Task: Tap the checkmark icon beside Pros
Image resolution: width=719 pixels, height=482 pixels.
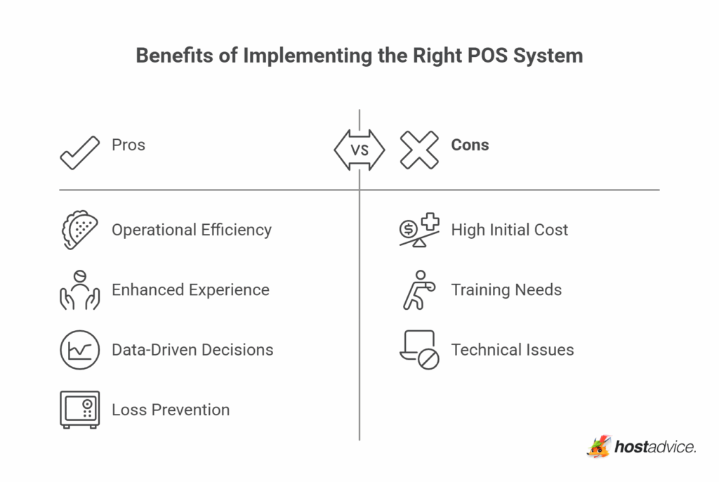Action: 79,150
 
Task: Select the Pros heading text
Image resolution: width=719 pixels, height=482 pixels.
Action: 128,145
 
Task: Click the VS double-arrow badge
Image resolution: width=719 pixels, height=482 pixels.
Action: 359,149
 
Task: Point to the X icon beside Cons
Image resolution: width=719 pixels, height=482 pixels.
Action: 419,149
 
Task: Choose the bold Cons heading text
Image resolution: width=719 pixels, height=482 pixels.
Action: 470,145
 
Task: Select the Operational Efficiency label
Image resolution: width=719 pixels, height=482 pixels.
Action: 191,230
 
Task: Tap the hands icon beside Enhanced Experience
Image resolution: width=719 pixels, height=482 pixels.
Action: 79,289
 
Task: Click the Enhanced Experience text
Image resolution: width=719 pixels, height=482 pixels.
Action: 190,289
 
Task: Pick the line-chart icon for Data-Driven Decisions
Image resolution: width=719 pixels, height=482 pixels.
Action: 79,350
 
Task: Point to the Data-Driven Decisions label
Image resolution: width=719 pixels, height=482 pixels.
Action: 192,350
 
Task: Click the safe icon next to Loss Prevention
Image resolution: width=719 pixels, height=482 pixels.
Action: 79,410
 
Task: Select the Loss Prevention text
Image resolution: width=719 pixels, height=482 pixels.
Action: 171,410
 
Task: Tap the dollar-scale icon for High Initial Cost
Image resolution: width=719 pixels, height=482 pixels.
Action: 419,230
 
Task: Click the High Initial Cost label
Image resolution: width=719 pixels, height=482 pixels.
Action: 510,230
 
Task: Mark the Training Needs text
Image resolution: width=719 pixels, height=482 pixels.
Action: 506,289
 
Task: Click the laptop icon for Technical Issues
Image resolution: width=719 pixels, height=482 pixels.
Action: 419,350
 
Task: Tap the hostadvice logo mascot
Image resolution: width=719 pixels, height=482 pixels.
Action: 599,446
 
